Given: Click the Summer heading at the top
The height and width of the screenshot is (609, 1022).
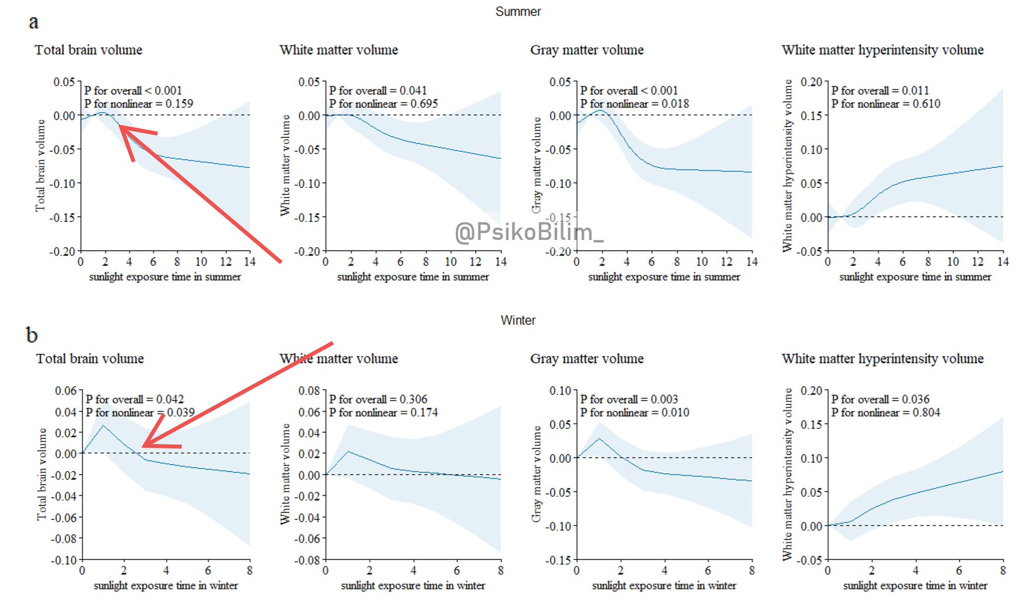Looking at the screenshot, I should [x=517, y=11].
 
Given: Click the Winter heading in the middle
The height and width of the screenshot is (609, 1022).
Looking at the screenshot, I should [x=517, y=320].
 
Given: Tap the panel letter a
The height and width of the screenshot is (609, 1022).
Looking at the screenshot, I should [x=33, y=22].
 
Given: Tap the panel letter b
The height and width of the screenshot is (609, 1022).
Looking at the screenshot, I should [x=32, y=335].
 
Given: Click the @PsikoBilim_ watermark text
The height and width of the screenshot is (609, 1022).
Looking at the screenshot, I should [x=529, y=232].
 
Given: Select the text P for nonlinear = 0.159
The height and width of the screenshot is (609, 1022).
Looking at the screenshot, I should [x=138, y=104].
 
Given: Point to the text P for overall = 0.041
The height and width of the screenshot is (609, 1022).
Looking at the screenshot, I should [x=378, y=91].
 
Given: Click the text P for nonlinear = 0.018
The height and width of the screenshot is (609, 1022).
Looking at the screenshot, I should [x=634, y=104].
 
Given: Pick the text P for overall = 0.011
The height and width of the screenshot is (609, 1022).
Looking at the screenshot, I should [x=880, y=91].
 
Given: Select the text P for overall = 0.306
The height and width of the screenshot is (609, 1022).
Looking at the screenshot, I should [x=378, y=400].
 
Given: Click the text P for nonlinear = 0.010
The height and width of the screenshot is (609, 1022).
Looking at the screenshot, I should [x=634, y=412].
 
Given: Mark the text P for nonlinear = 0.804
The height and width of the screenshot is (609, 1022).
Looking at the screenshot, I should [x=885, y=412].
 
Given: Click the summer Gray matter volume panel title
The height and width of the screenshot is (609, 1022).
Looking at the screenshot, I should [x=587, y=50].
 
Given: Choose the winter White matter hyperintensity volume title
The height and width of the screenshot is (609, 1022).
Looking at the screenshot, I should [x=882, y=359].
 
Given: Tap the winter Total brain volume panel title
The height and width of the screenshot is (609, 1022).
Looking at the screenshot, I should [x=90, y=359].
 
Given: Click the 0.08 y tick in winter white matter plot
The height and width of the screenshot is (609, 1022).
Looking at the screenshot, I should [x=309, y=391].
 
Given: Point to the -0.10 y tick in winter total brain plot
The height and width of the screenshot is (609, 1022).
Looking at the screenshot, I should [x=63, y=560].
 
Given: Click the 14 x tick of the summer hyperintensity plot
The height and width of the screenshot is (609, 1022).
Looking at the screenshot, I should [x=1003, y=262].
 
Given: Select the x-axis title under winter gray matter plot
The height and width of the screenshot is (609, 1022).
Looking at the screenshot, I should [x=664, y=586].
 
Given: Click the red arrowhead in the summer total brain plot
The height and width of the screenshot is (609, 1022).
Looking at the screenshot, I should [x=122, y=128].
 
